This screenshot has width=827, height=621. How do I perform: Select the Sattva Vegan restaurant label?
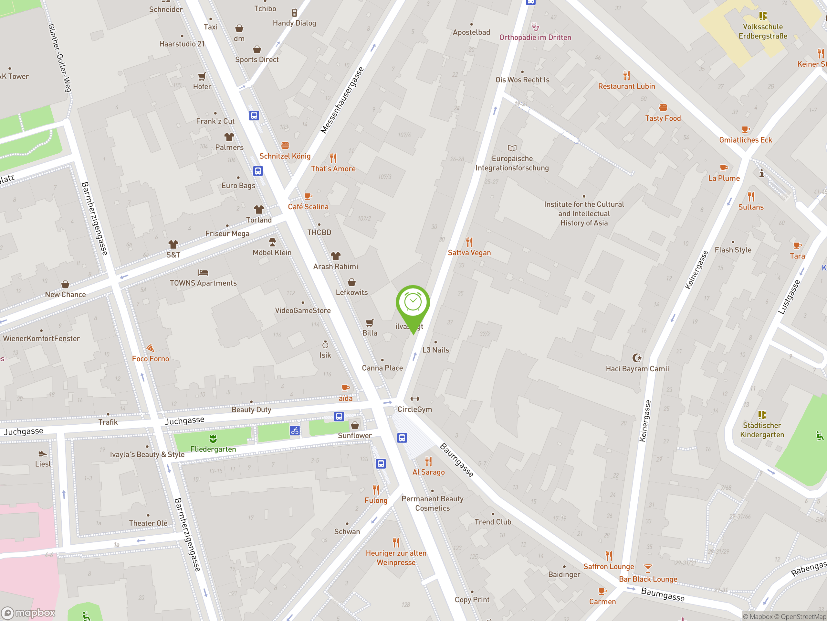[469, 253]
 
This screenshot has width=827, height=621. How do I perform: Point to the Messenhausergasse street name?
[342, 100]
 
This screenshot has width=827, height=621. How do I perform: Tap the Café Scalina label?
[308, 207]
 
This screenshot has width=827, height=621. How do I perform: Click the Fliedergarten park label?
[213, 449]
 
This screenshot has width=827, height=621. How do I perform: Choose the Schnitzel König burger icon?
[285, 146]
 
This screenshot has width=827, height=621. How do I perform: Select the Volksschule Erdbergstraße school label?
[763, 31]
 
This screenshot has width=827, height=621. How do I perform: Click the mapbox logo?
[28, 613]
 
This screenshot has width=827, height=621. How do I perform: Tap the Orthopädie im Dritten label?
[535, 38]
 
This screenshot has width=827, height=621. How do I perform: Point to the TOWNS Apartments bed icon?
[203, 273]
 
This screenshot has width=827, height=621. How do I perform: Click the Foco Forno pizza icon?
[150, 348]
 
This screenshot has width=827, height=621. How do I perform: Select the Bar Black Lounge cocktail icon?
[648, 569]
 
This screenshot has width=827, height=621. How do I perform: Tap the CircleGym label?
[414, 409]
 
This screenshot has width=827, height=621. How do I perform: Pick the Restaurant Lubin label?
[626, 86]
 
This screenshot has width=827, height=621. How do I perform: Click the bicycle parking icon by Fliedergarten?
[295, 430]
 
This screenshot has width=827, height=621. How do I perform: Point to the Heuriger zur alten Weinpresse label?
[396, 558]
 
